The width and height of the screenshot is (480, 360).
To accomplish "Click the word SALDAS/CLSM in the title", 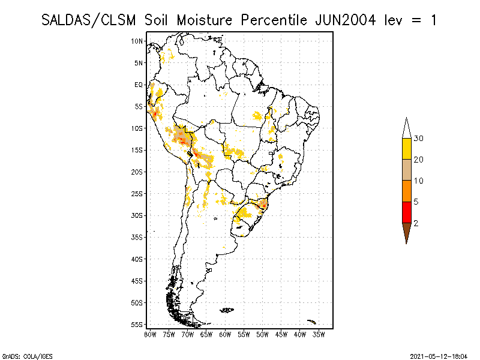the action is point(88,20).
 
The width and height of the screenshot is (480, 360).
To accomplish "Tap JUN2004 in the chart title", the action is point(345,20).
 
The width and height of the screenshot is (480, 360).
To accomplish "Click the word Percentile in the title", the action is point(274,20).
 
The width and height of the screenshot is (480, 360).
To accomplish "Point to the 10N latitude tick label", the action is point(137,41).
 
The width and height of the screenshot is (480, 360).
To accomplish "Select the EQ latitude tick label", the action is point(139,85).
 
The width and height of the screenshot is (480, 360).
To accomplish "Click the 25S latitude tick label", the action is point(137,194).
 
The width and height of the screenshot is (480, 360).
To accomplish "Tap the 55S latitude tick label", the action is point(137,325).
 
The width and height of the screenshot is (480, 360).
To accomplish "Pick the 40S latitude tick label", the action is point(137,259).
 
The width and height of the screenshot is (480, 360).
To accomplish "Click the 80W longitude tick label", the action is point(150,335).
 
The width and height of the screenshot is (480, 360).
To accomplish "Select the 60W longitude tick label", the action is point(225,335).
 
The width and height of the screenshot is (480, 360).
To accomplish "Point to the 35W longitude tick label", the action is point(319,335).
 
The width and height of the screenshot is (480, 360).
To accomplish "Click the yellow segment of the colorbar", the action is point(407,149).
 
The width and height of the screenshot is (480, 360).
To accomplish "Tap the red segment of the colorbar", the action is point(407,212).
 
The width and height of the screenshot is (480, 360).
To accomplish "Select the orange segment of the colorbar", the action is point(407,191).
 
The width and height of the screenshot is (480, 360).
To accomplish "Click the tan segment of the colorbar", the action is point(407,170).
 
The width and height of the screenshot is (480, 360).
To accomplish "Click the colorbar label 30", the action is point(418,139).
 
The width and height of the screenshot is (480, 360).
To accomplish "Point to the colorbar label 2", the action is point(416,223).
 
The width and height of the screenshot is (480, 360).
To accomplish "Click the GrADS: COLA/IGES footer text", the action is point(28,356).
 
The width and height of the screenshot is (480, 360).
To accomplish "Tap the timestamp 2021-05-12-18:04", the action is point(439,356).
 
